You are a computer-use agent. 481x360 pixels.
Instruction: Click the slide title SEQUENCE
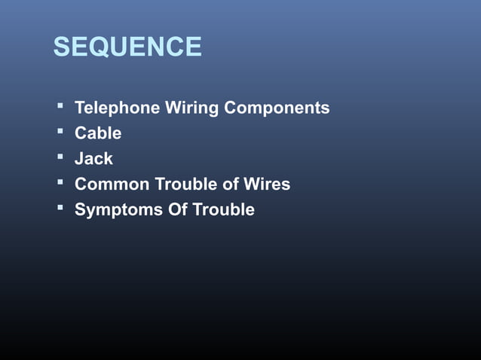point(127,47)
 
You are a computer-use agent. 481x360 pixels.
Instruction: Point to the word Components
point(277,108)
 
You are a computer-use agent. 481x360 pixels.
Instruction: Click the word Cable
point(98,133)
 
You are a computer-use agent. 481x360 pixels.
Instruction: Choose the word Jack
point(93,159)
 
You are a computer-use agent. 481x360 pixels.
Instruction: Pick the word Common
point(112,184)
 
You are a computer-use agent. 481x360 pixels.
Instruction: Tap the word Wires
point(266,184)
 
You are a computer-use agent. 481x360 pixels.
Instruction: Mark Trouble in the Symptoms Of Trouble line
point(224,209)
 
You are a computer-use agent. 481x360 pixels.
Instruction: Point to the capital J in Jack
point(79,159)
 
